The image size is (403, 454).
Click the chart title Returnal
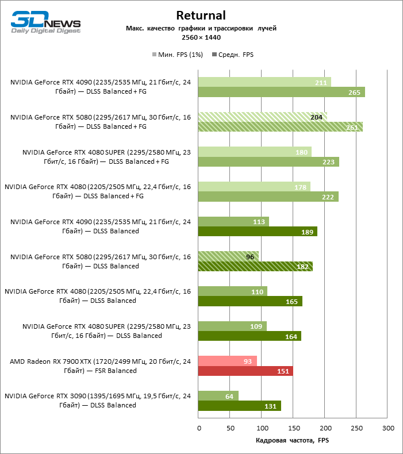click(x=201, y=15)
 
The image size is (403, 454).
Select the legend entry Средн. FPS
click(x=233, y=55)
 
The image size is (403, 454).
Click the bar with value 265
click(x=281, y=93)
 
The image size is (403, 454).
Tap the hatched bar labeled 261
click(x=280, y=127)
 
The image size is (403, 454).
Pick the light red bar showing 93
click(x=227, y=361)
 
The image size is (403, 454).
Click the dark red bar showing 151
click(x=245, y=371)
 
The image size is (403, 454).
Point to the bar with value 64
click(x=218, y=396)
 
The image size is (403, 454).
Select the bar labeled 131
click(x=239, y=406)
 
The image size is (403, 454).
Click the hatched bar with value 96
click(x=228, y=256)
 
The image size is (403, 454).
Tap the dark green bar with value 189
click(x=258, y=232)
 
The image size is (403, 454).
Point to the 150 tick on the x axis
click(x=293, y=428)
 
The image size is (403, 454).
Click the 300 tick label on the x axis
click(x=388, y=428)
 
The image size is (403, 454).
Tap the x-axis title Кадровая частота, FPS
click(x=293, y=440)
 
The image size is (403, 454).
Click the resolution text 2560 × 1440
click(x=201, y=37)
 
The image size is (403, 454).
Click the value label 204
click(x=316, y=117)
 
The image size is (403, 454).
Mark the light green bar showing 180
click(x=255, y=152)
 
